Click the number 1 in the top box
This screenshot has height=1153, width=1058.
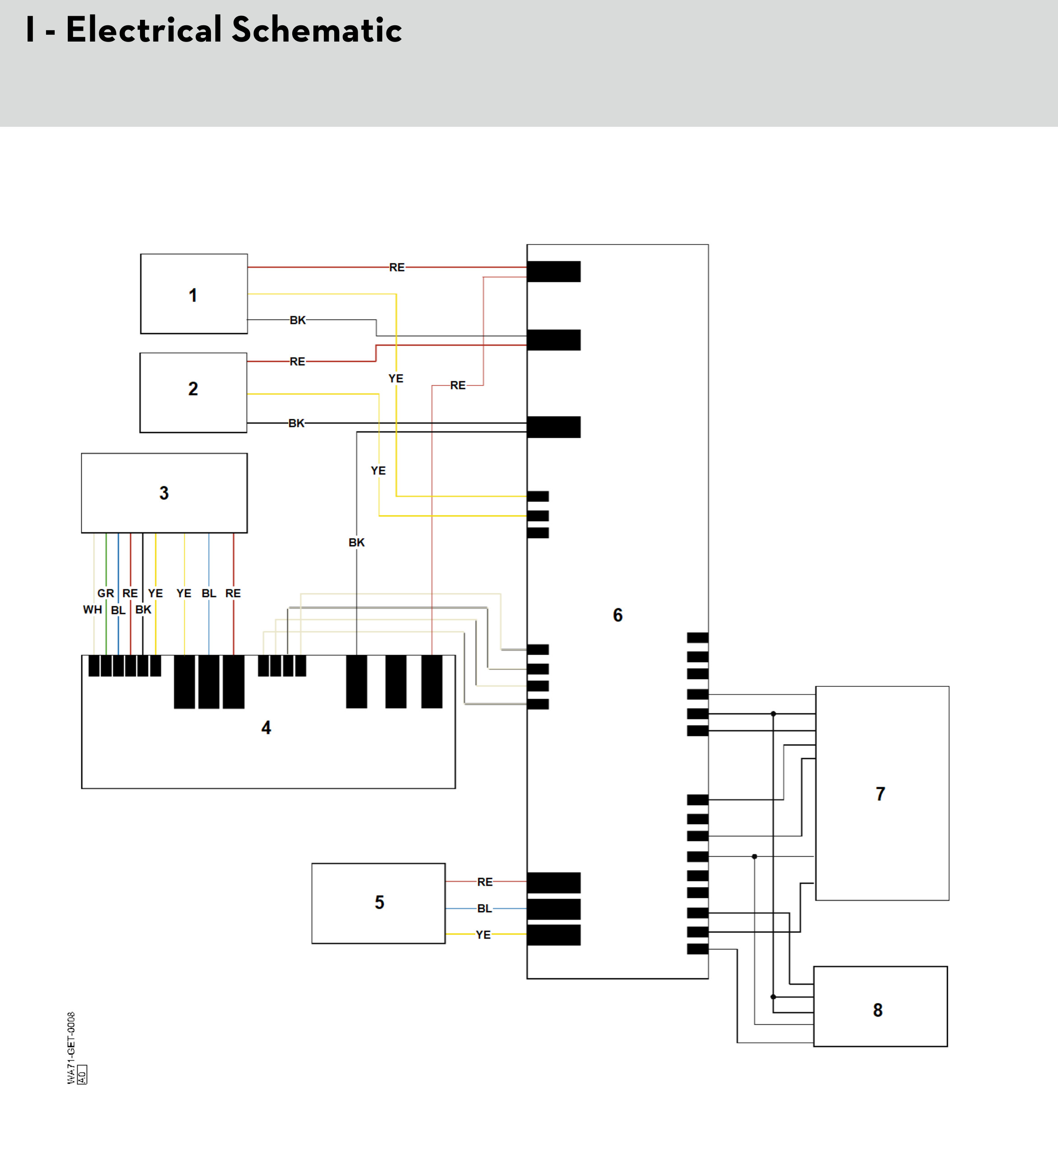click(x=193, y=295)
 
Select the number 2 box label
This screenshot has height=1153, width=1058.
click(x=193, y=389)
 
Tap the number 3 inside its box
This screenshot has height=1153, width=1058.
click(x=164, y=493)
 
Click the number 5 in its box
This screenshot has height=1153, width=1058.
click(x=379, y=902)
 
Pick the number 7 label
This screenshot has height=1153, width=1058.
click(x=881, y=793)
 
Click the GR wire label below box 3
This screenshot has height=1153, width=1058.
click(x=105, y=593)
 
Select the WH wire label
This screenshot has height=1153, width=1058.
click(x=92, y=609)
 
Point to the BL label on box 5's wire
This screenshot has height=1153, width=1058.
click(x=485, y=909)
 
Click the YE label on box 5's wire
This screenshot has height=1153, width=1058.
click(x=483, y=935)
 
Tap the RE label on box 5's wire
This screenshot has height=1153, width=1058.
click(x=485, y=882)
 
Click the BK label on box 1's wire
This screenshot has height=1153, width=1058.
click(x=298, y=320)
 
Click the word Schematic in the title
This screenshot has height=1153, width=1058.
click(x=317, y=30)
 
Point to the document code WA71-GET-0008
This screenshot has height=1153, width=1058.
click(x=71, y=1048)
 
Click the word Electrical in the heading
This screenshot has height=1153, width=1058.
click(x=144, y=30)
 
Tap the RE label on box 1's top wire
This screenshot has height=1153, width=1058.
click(x=397, y=267)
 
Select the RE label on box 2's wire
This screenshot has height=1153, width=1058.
click(x=297, y=361)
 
